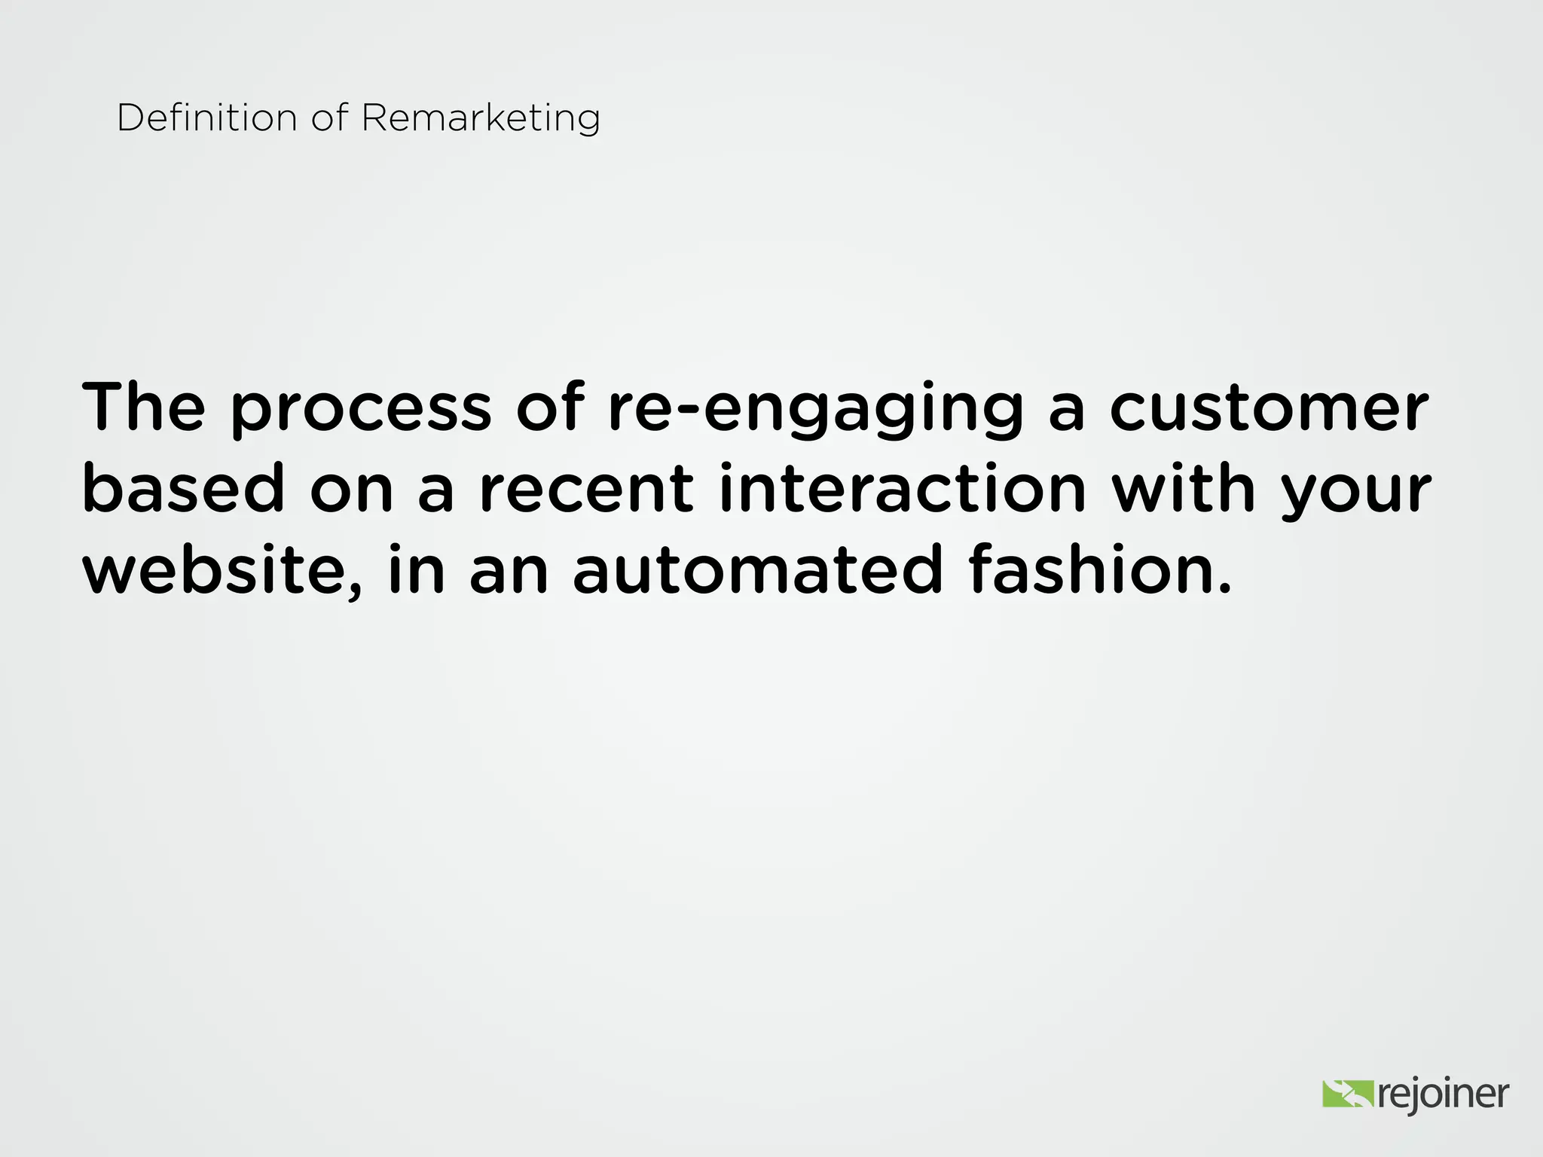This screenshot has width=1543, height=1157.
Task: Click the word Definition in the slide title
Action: tap(207, 118)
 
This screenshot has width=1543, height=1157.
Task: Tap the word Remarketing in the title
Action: tap(481, 118)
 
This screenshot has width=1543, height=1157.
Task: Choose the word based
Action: tap(184, 489)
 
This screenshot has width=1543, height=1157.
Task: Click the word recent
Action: tap(586, 489)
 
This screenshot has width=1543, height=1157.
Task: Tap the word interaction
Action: tap(903, 489)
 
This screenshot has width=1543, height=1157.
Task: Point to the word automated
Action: tap(757, 569)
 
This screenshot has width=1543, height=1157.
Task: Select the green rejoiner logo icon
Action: tap(1348, 1094)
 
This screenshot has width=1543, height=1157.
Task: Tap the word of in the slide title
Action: tap(330, 118)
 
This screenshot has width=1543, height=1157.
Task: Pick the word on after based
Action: tap(352, 490)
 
